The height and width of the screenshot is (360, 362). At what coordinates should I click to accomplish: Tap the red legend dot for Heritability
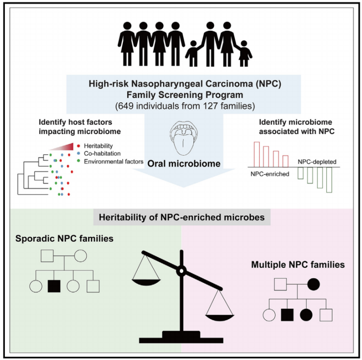pyautogui.click(x=78, y=146)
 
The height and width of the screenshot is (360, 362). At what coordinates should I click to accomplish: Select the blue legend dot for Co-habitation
pyautogui.click(x=78, y=154)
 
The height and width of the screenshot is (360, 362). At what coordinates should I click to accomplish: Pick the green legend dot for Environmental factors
pyautogui.click(x=78, y=161)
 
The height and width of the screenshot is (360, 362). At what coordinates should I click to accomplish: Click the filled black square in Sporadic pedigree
pyautogui.click(x=53, y=286)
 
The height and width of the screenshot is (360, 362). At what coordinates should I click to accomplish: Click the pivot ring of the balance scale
pyautogui.click(x=181, y=270)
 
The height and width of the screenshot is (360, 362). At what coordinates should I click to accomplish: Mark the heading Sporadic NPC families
pyautogui.click(x=64, y=239)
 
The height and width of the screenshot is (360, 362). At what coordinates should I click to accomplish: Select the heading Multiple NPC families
pyautogui.click(x=298, y=265)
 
